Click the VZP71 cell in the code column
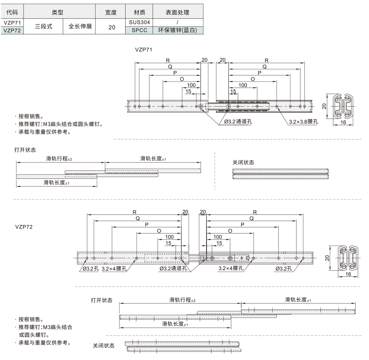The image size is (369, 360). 12,23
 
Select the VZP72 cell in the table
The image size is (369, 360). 12,30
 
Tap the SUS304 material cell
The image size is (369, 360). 139,22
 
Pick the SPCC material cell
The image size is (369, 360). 139,30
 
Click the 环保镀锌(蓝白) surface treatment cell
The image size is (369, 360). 177,30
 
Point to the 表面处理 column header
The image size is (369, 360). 177,12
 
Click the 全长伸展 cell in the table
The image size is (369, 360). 80,26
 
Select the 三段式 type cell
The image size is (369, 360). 43,26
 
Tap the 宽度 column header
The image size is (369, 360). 111,13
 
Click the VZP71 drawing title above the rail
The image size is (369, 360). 143,50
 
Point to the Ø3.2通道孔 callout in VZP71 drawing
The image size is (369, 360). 238,122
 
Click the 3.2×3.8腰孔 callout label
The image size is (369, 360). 303,122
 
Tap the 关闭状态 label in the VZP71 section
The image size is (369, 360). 243,162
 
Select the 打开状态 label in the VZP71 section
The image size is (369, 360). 25,150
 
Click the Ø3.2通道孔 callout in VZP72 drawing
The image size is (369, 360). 173,268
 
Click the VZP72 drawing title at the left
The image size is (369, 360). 24,227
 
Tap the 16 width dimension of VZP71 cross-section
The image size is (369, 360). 343,122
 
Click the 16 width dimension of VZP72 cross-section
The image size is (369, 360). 348,274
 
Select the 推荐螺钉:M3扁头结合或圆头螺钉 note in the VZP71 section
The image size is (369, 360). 61,124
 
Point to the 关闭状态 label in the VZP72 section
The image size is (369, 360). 104,346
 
